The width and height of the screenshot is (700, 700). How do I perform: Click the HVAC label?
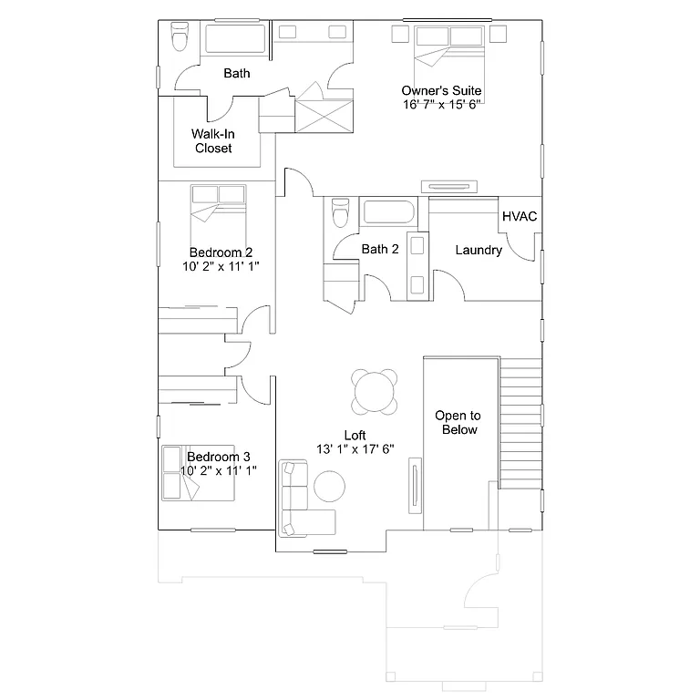520,216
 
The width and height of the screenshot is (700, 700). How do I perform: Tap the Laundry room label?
479,250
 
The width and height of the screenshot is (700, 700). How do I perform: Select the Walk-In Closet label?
213,141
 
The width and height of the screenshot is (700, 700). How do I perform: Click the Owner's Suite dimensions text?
442,104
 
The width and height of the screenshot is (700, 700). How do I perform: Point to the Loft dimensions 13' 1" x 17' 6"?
355,448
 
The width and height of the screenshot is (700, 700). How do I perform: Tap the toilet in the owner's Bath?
180,37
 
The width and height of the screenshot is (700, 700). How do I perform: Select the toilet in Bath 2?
340,212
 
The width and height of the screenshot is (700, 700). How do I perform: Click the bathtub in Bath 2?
389,213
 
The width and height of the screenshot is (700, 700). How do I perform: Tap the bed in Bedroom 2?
219,213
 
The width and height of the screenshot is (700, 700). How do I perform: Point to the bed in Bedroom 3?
193,474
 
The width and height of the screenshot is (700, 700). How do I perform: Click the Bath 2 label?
380,250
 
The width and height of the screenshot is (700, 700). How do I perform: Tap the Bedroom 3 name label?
219,457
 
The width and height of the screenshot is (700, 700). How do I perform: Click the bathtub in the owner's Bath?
235,39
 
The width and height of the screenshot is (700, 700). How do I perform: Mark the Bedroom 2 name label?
221,252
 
